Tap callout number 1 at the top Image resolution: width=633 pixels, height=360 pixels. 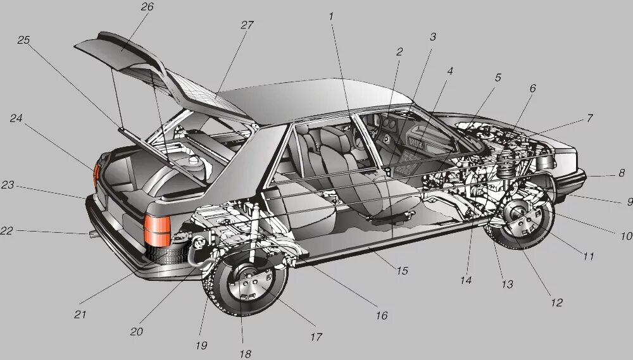[x=331, y=15]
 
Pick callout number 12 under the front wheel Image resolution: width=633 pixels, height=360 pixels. [x=556, y=303]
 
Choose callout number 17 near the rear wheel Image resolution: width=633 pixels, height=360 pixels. [x=316, y=337]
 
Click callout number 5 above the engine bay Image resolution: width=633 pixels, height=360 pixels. [x=498, y=78]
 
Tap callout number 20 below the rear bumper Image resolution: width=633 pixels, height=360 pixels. [x=137, y=331]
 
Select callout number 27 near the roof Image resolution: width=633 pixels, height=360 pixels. [x=247, y=25]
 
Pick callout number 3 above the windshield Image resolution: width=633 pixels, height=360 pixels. [x=433, y=37]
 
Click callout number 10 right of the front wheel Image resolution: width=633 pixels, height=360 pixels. [x=625, y=236]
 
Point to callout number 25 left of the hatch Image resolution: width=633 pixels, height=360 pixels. [x=23, y=40]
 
